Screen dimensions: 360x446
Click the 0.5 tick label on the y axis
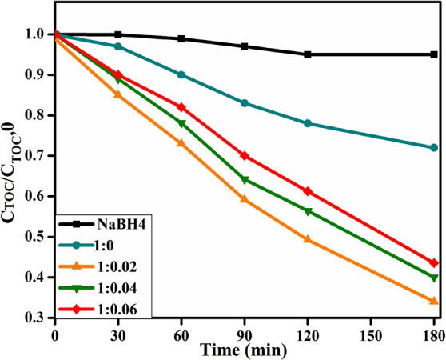(35, 237)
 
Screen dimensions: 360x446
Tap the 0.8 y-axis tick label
(35, 115)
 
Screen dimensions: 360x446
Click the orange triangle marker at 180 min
(434, 301)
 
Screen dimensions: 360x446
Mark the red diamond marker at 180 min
(434, 263)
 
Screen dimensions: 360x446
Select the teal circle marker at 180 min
(434, 148)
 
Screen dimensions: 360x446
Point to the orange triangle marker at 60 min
(181, 143)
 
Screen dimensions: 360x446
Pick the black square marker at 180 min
(434, 54)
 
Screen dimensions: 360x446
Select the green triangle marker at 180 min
(434, 278)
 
